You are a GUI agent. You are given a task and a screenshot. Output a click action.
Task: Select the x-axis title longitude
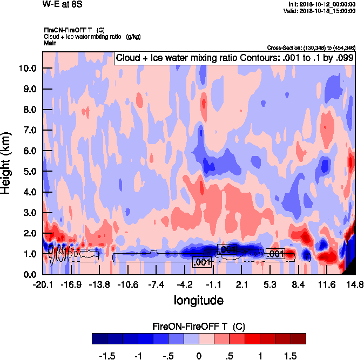point(198,300)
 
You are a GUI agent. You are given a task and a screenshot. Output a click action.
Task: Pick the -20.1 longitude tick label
point(43,284)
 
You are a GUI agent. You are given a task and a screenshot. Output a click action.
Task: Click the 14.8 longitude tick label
point(355,284)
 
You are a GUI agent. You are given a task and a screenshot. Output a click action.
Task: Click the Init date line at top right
point(322,4)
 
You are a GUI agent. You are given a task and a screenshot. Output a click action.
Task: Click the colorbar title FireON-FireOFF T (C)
point(199,327)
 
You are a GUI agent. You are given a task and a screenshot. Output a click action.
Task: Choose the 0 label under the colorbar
point(199,356)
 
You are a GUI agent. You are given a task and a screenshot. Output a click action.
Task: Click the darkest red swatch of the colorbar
point(298,338)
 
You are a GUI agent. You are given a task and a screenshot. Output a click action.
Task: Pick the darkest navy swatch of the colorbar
point(99,338)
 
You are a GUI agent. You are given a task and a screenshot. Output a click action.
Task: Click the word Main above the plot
point(50,43)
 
